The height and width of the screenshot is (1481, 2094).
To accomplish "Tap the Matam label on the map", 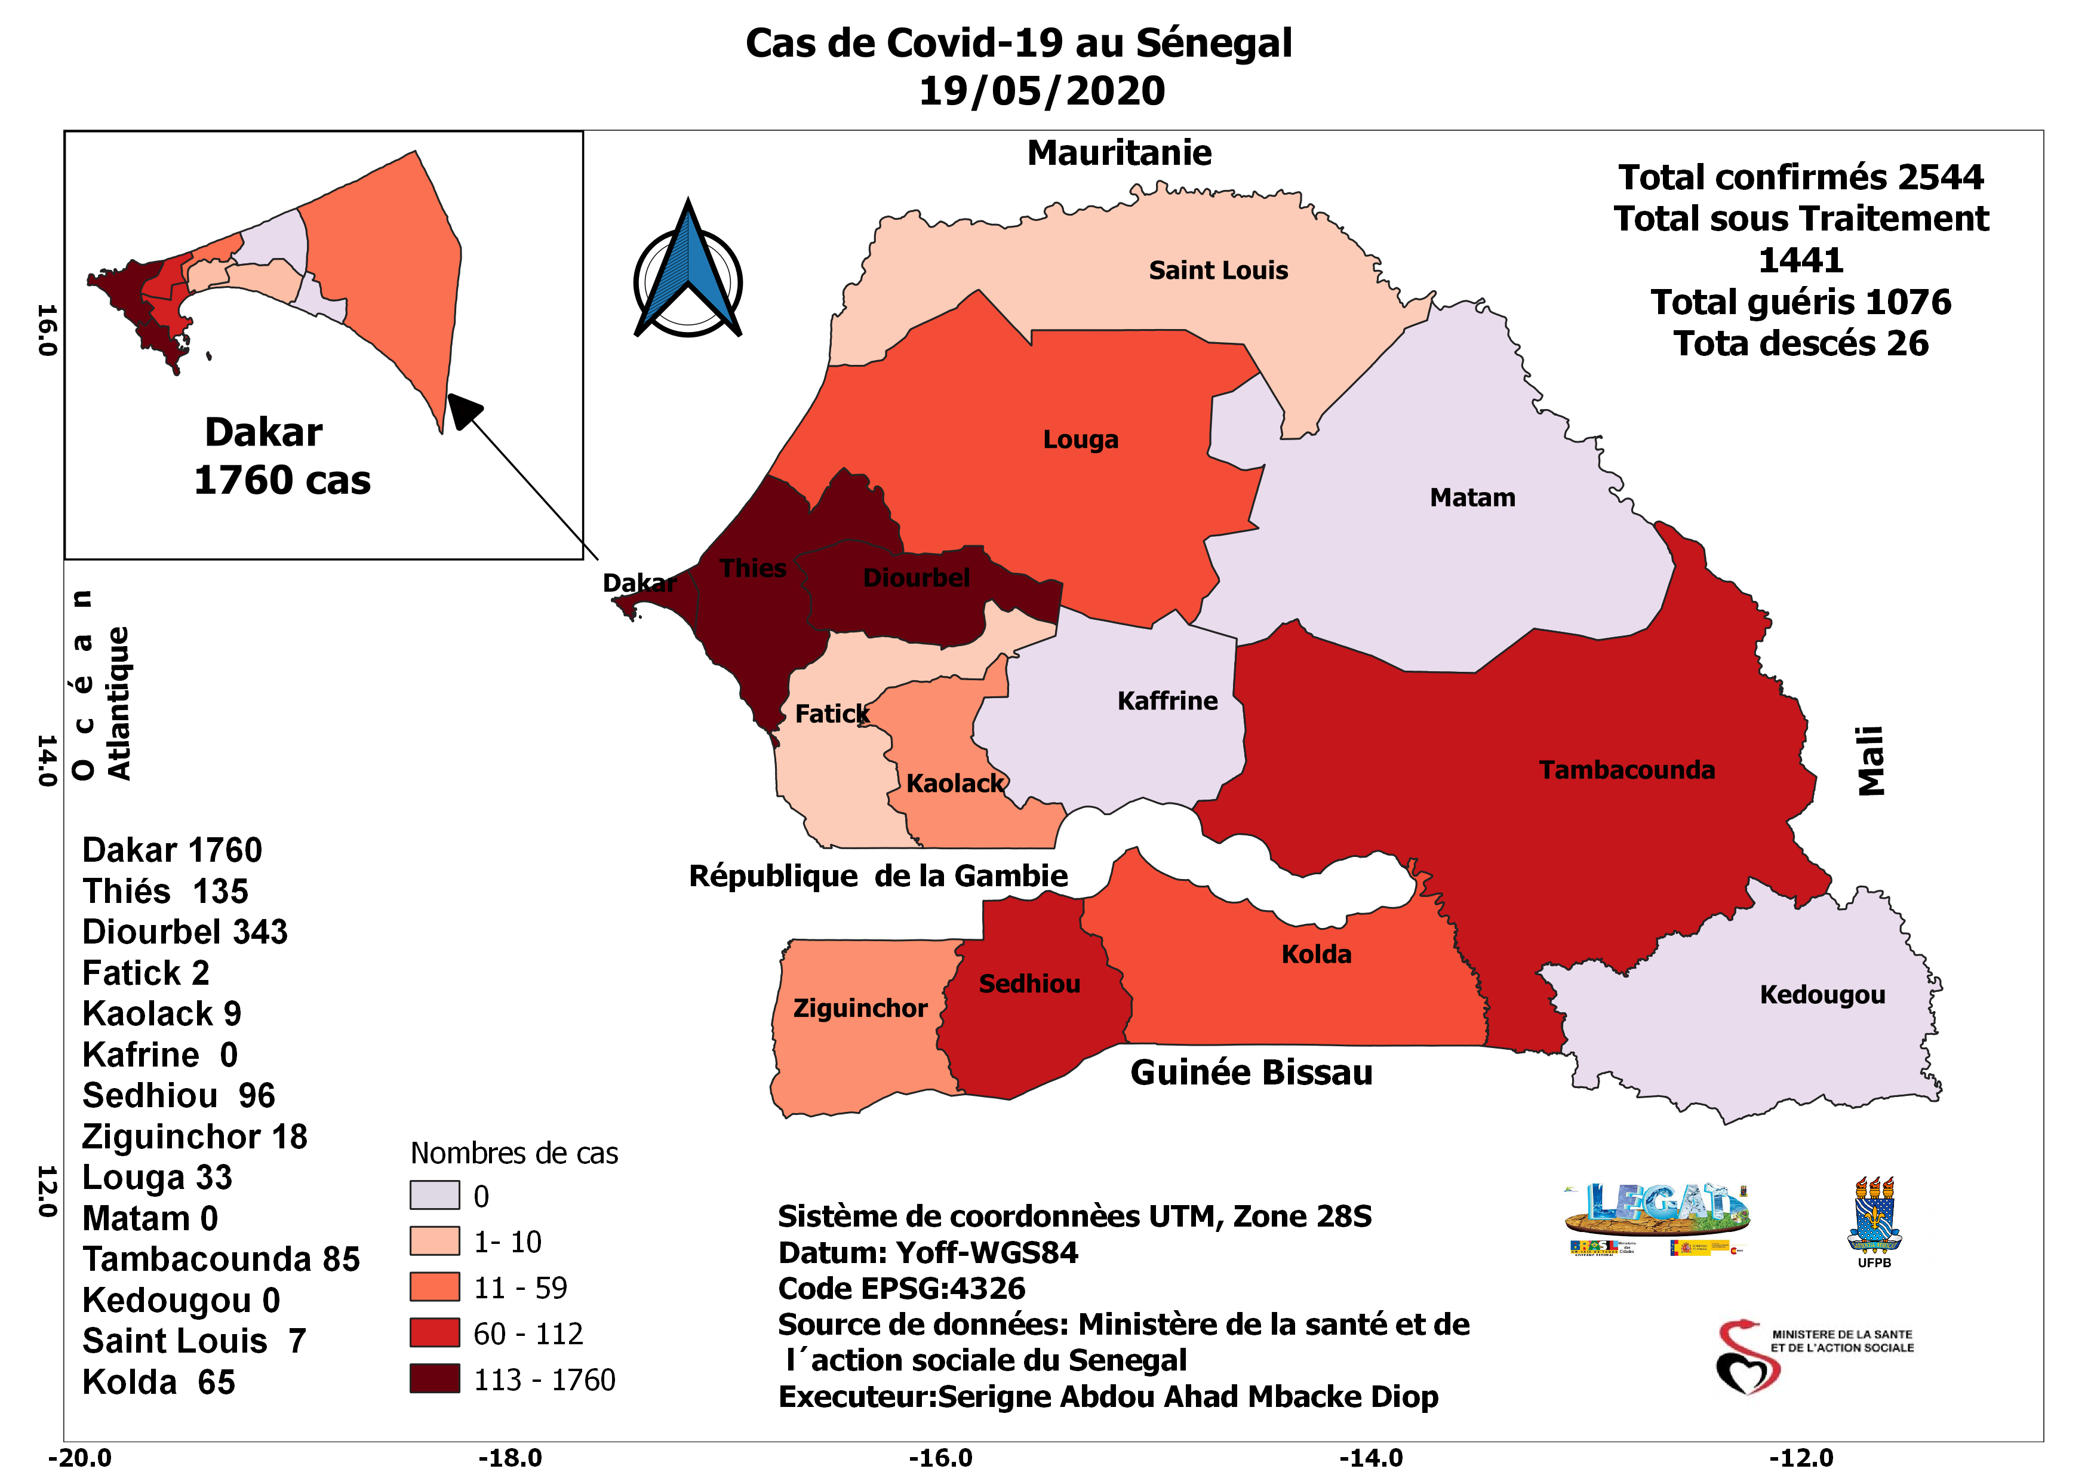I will [x=1472, y=498].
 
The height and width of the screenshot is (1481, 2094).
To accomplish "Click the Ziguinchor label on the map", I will [x=859, y=1009].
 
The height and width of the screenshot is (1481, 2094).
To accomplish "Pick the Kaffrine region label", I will [x=1167, y=701].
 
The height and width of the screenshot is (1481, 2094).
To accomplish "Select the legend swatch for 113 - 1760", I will [x=434, y=1379].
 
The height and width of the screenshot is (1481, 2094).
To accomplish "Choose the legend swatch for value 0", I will [x=434, y=1194].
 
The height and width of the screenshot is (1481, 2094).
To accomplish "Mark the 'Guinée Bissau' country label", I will [x=1252, y=1073].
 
